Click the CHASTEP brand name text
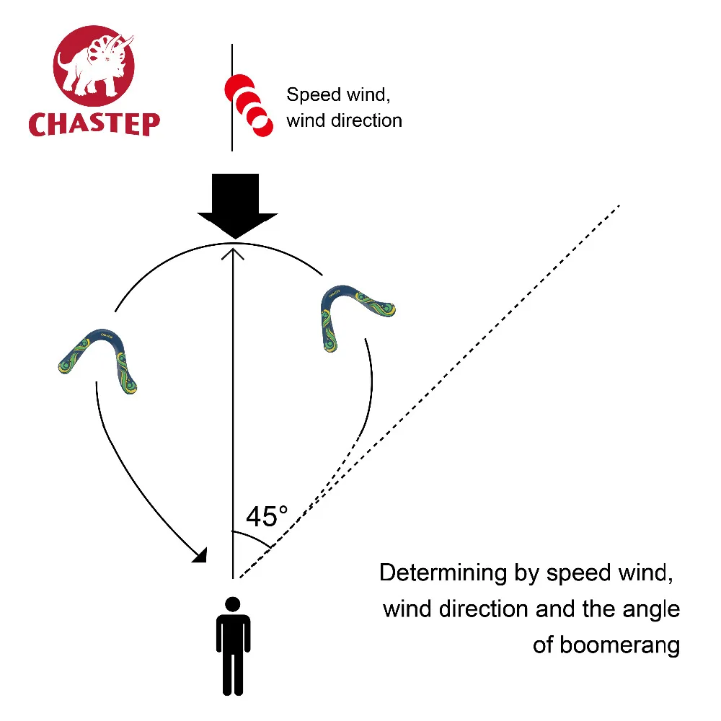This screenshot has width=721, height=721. click(x=94, y=123)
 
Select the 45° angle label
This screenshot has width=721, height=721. click(x=266, y=516)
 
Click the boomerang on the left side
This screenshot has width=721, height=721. click(x=99, y=359)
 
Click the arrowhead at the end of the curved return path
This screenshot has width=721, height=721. click(x=200, y=554)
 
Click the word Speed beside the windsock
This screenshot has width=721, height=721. click(x=309, y=94)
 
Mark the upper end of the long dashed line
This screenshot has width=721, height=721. click(x=618, y=205)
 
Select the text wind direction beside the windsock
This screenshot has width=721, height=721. click(x=344, y=120)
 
